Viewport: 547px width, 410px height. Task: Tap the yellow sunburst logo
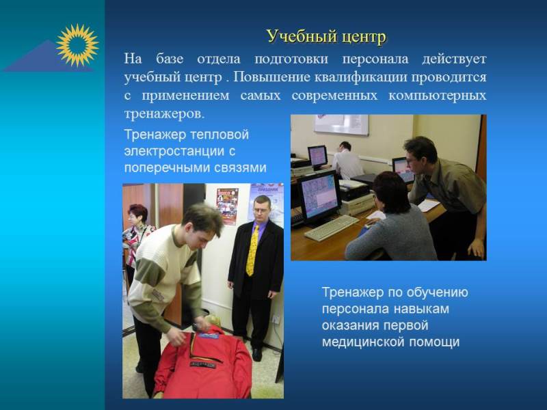pyautogui.click(x=77, y=45)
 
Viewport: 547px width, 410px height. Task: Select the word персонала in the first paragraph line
pyautogui.click(x=375, y=59)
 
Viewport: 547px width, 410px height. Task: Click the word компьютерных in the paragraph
pyautogui.click(x=437, y=96)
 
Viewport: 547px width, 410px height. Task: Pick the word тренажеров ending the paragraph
pyautogui.click(x=164, y=114)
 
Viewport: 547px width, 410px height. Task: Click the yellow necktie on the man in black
pyautogui.click(x=252, y=250)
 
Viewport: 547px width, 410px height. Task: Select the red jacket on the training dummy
pyautogui.click(x=203, y=363)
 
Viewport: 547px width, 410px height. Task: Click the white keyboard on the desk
pyautogui.click(x=331, y=228)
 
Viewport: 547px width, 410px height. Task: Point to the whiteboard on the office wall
pyautogui.click(x=341, y=124)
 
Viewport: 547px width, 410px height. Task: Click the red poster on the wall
pyautogui.click(x=227, y=206)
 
